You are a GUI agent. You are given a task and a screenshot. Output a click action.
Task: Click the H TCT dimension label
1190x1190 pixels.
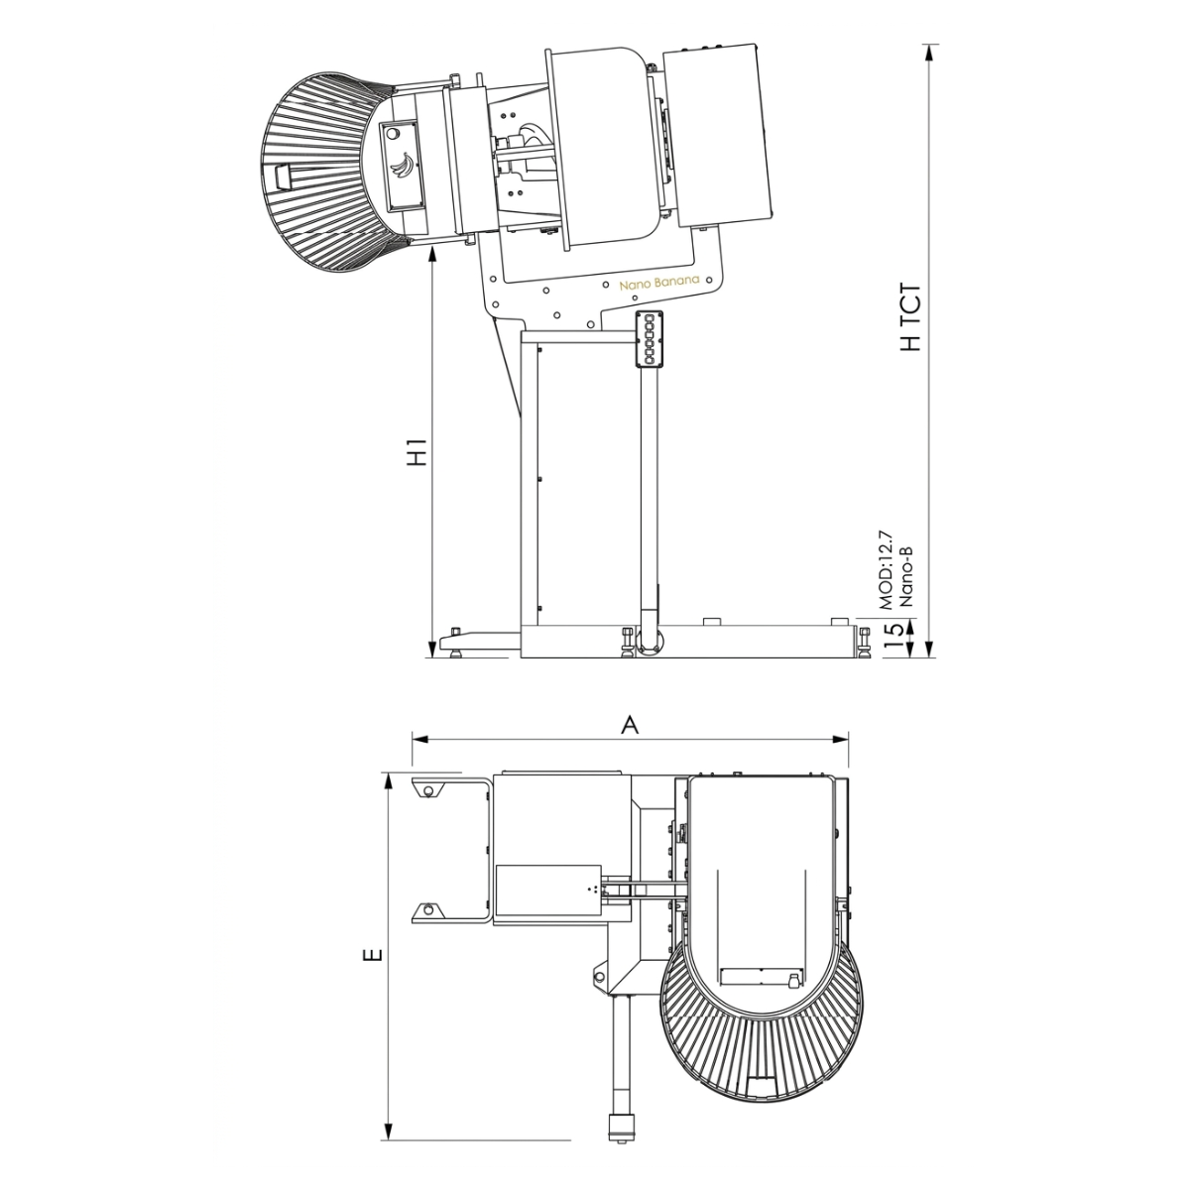909,318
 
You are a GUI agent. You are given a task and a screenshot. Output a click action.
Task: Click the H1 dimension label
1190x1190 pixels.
419,451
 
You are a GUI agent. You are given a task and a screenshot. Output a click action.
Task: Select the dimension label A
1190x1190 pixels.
629,726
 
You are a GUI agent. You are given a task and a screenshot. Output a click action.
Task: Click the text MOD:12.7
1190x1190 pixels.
887,569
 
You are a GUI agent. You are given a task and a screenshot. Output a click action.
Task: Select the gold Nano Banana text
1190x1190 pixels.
658,282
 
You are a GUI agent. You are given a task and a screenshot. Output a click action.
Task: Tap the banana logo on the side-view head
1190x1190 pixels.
405,165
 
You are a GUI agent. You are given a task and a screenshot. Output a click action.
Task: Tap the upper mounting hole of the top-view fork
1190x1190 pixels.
427,789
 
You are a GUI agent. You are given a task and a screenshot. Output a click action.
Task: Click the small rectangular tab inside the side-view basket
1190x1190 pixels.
281,176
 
